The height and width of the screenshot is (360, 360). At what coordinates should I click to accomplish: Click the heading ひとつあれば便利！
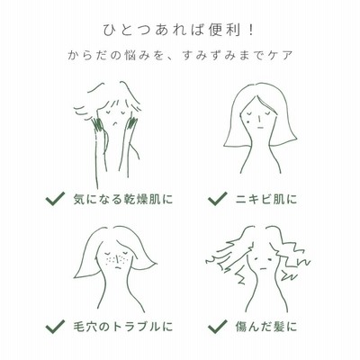[179, 31]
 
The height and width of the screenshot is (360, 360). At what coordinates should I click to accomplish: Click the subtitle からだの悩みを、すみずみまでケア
[180, 56]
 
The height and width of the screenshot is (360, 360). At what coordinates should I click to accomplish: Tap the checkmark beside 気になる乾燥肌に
[55, 199]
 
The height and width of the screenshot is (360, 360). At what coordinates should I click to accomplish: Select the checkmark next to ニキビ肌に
[217, 199]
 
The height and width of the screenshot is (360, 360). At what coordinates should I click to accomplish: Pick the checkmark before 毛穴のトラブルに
[55, 327]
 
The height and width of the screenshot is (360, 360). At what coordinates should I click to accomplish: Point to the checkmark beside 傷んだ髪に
[217, 327]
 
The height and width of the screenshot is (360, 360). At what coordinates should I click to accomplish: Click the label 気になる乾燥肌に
[123, 199]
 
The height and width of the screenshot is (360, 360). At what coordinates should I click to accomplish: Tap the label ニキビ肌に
[266, 199]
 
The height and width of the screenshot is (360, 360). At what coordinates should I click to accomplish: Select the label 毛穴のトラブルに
[123, 327]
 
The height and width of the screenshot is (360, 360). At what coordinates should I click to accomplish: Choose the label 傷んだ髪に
[266, 327]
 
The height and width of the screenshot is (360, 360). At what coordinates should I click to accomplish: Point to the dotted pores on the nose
[116, 259]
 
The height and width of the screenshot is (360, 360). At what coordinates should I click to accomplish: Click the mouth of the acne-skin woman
[260, 128]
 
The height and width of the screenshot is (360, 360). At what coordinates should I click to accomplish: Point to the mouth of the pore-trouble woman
[118, 267]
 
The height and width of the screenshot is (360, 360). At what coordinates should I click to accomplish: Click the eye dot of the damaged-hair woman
[271, 258]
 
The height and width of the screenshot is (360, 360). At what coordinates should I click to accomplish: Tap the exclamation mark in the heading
[251, 31]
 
